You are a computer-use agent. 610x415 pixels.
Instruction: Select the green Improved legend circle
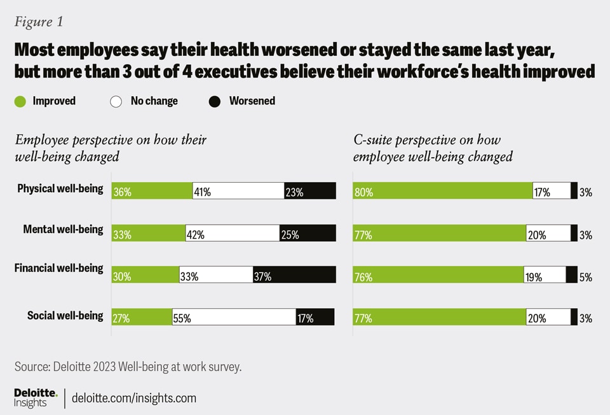[x=20, y=101]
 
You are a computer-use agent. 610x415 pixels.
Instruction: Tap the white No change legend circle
[x=116, y=101]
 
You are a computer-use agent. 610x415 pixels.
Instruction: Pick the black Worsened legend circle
[x=215, y=101]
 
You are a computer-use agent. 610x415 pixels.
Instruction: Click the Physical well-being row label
[x=60, y=189]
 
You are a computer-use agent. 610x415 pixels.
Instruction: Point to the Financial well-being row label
[x=58, y=268]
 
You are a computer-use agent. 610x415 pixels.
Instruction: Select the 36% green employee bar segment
[x=152, y=191]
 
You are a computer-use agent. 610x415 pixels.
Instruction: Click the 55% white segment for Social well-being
[x=234, y=317]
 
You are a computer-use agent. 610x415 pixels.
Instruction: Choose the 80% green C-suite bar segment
[x=443, y=191]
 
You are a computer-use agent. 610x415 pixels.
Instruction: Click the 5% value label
[x=585, y=277]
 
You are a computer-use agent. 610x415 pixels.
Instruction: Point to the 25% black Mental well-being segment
[x=308, y=233]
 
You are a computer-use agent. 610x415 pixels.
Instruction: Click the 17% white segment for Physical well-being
[x=552, y=191]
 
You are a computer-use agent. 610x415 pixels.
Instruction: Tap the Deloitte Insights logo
[x=36, y=398]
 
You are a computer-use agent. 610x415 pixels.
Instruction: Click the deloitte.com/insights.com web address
[x=134, y=398]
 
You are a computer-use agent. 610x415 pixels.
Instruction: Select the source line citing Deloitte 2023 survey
[x=128, y=367]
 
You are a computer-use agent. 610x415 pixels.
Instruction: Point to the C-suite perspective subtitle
[x=433, y=148]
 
